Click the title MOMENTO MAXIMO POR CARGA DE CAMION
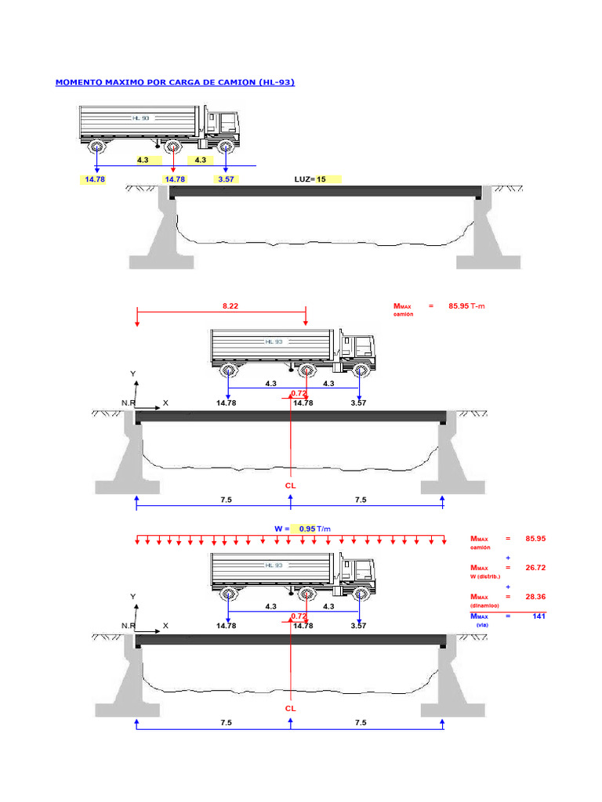click(175, 82)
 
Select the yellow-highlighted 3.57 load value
click(226, 179)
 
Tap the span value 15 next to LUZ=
click(321, 179)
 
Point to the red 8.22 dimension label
click(230, 306)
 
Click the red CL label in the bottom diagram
click(290, 707)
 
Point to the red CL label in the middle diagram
click(290, 486)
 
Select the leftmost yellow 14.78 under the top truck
click(94, 179)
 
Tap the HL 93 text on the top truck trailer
click(140, 117)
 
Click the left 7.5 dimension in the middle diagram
click(226, 500)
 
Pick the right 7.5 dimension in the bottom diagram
click(361, 722)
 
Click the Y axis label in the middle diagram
click(133, 374)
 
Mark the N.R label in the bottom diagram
click(129, 626)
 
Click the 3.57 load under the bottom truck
click(358, 626)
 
